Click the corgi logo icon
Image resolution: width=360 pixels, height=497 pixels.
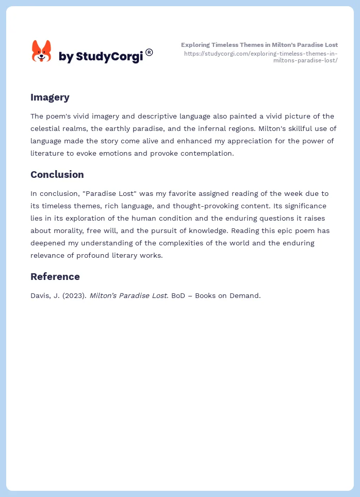coord(41,52)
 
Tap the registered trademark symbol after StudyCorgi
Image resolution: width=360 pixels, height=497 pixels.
coord(149,52)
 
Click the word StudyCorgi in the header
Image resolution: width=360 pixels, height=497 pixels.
coord(109,57)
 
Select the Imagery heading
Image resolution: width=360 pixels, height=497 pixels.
coord(50,97)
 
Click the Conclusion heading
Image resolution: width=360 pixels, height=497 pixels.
coord(57,174)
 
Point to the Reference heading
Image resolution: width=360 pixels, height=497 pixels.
coord(55,276)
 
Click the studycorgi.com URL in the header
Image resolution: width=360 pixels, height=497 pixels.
coord(260,57)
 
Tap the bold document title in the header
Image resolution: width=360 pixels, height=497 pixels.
coord(259,45)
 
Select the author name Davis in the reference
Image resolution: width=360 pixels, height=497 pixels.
coord(40,296)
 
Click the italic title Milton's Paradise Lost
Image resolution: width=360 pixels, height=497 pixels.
coord(128,296)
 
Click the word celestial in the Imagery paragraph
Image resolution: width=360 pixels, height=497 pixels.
coord(47,128)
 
